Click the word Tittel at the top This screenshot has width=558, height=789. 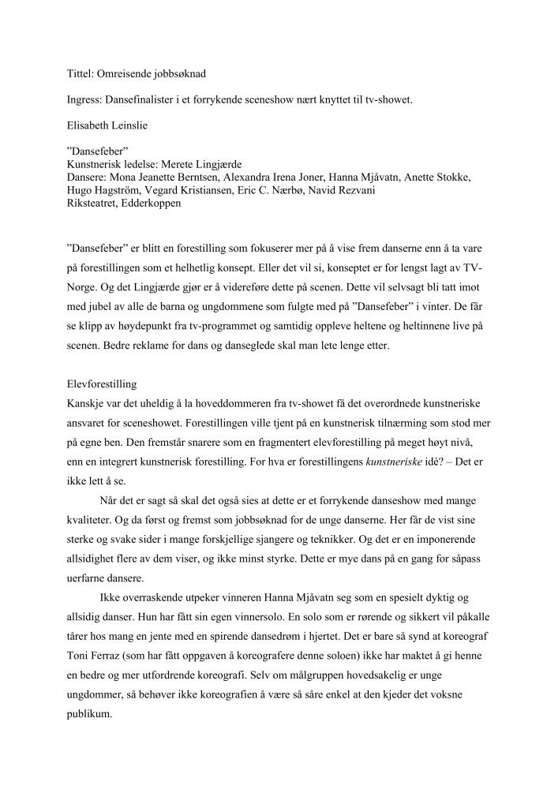click(79, 73)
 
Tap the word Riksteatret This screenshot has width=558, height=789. click(94, 204)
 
